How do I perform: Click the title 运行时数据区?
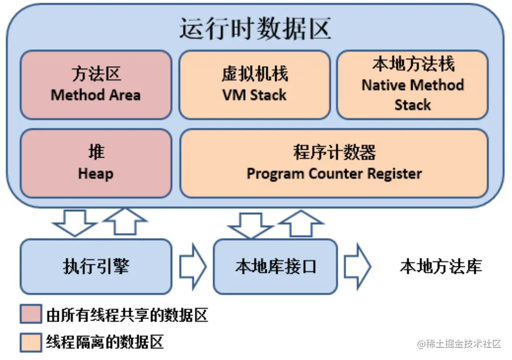click(x=255, y=29)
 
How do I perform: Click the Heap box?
click(x=96, y=163)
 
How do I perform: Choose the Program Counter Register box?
click(x=334, y=163)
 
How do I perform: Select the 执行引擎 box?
click(x=96, y=266)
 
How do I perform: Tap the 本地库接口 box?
click(x=275, y=266)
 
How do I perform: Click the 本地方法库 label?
click(x=441, y=267)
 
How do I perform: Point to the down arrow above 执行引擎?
click(x=75, y=223)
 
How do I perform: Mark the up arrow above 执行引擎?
click(x=124, y=220)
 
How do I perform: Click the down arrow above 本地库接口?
click(x=250, y=225)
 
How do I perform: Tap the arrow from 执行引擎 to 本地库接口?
click(x=193, y=267)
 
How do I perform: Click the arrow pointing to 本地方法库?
click(x=358, y=267)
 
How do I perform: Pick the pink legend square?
click(x=30, y=315)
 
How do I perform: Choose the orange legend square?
click(x=30, y=342)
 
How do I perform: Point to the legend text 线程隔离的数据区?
click(x=105, y=342)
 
